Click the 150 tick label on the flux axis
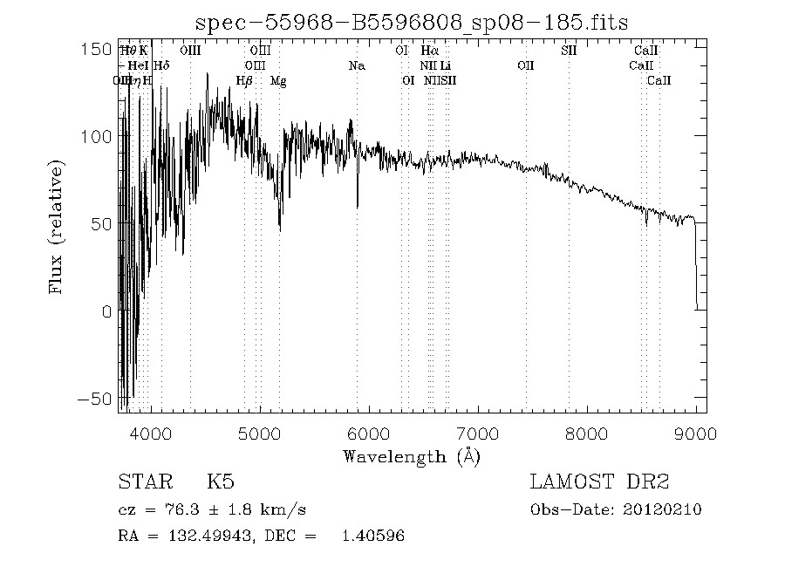96,48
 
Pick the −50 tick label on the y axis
92,399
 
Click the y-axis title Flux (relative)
58,226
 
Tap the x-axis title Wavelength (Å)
411,455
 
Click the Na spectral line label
356,65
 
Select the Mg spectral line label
278,81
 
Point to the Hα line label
429,51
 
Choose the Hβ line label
244,81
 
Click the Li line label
445,65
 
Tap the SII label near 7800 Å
568,51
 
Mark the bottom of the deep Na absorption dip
358,208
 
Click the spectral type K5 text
220,482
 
